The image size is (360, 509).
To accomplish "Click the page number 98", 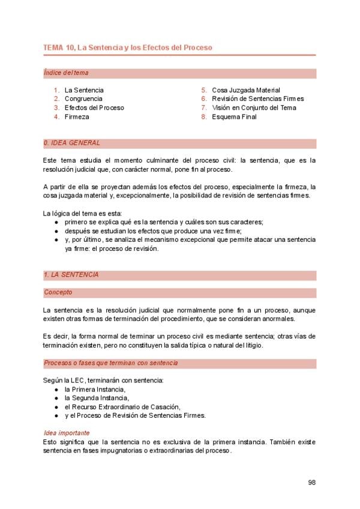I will pyautogui.click(x=311, y=482).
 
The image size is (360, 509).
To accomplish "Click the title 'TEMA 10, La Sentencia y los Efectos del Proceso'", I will pyautogui.click(x=127, y=47).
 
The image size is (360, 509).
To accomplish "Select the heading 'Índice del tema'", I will pyautogui.click(x=66, y=73).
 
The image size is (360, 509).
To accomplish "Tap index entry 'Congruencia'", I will pyautogui.click(x=83, y=98).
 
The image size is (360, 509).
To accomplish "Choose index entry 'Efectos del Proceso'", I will pyautogui.click(x=94, y=107).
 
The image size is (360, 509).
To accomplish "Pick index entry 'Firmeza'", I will pyautogui.click(x=77, y=116).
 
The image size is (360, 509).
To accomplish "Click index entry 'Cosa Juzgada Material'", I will pyautogui.click(x=245, y=90).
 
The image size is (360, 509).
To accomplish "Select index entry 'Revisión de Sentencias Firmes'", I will pyautogui.click(x=257, y=98).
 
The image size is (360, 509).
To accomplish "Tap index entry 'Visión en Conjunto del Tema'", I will pyautogui.click(x=254, y=107).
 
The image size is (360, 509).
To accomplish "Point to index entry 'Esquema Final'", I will pyautogui.click(x=234, y=116).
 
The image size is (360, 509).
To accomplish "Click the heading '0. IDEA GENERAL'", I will pyautogui.click(x=72, y=143).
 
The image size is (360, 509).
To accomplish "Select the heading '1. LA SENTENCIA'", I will pyautogui.click(x=71, y=275).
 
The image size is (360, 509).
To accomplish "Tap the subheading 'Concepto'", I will pyautogui.click(x=58, y=292).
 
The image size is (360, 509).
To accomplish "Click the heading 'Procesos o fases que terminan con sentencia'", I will pyautogui.click(x=110, y=363).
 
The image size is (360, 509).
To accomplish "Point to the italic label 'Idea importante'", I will pyautogui.click(x=67, y=433).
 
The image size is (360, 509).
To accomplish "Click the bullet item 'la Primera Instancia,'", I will pyautogui.click(x=95, y=389).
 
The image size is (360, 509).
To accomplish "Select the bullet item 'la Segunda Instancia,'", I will pyautogui.click(x=97, y=398).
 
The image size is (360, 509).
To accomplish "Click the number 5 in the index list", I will pyautogui.click(x=204, y=90).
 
